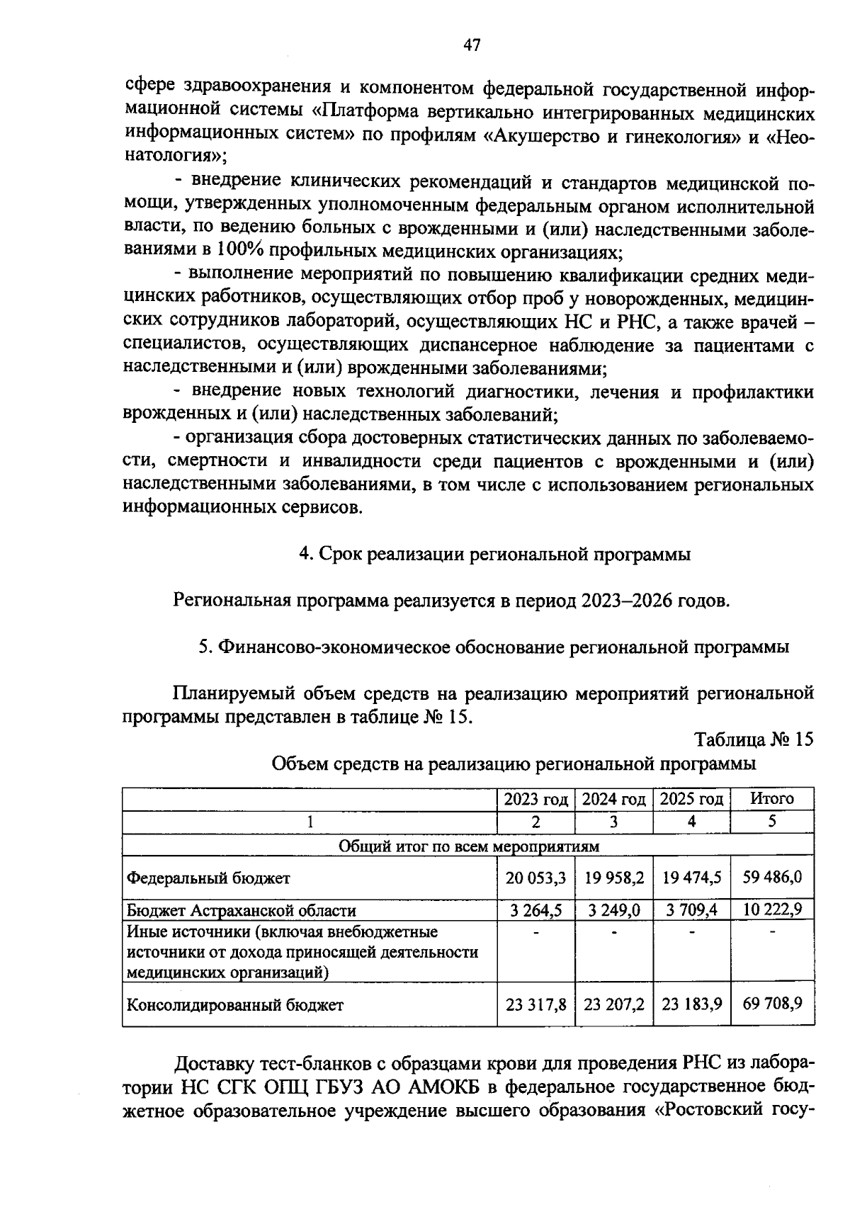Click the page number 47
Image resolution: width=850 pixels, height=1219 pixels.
(x=472, y=46)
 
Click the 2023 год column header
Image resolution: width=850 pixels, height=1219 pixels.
(x=535, y=799)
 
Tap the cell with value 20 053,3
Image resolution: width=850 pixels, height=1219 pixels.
(x=535, y=878)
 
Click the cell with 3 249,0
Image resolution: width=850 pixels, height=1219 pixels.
(x=613, y=910)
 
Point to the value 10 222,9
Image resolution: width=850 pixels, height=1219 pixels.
(x=771, y=909)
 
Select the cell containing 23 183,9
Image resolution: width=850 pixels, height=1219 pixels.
(x=691, y=1004)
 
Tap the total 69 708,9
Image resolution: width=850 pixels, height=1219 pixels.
(x=771, y=1004)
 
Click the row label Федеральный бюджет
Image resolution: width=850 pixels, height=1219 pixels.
(x=208, y=878)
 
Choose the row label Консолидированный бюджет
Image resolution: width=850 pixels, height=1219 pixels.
(x=234, y=1005)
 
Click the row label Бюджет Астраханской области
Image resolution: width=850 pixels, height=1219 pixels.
(x=241, y=911)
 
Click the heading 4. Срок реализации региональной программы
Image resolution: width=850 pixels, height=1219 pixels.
(x=494, y=555)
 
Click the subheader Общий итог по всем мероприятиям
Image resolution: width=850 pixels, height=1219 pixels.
(x=468, y=846)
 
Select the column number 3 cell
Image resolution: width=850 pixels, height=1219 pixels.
(x=613, y=822)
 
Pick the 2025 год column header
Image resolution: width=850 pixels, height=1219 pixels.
(x=691, y=799)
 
